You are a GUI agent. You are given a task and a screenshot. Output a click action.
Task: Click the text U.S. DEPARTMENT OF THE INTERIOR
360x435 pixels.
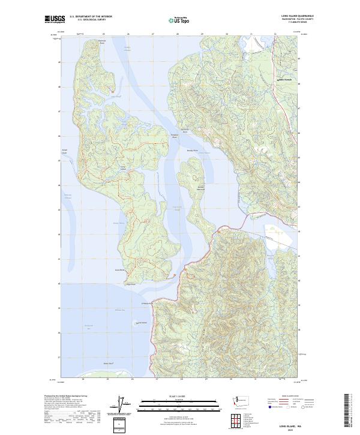click(91, 16)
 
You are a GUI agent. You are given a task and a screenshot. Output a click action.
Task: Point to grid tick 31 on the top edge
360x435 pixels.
click(251, 35)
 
